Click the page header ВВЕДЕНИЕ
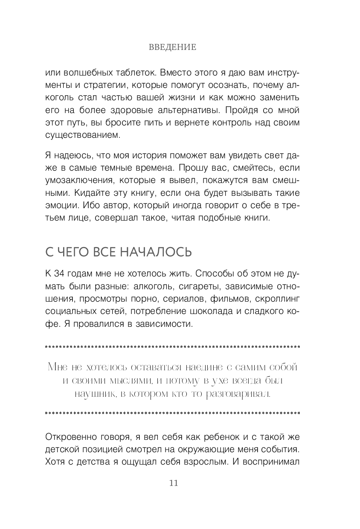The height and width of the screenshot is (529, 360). (173, 47)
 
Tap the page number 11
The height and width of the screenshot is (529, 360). (173, 483)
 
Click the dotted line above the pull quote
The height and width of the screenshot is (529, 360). (172, 346)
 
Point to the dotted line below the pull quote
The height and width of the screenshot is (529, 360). (172, 413)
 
